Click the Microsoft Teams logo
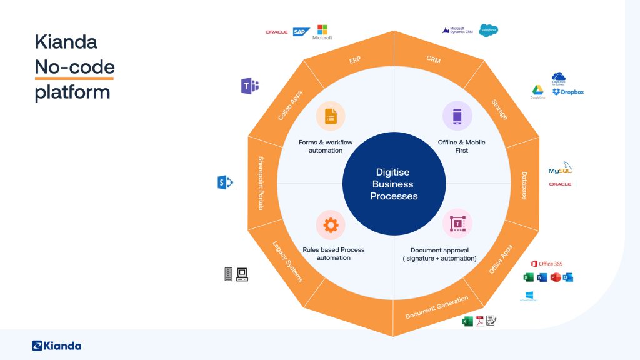(x=249, y=86)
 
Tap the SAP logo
(x=302, y=31)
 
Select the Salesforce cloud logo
(x=489, y=29)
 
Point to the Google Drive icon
(x=537, y=91)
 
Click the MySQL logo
(x=560, y=169)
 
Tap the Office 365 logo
(x=547, y=264)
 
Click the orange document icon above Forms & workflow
(x=330, y=116)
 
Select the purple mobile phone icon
(x=457, y=116)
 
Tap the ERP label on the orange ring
(x=354, y=60)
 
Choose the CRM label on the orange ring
(x=433, y=60)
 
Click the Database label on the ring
(x=524, y=186)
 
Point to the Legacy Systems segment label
(x=287, y=261)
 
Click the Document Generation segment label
(x=437, y=307)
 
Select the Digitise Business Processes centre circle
(x=394, y=184)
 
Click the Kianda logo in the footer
(x=56, y=346)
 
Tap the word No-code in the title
(x=74, y=67)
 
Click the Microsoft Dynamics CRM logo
(x=459, y=30)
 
